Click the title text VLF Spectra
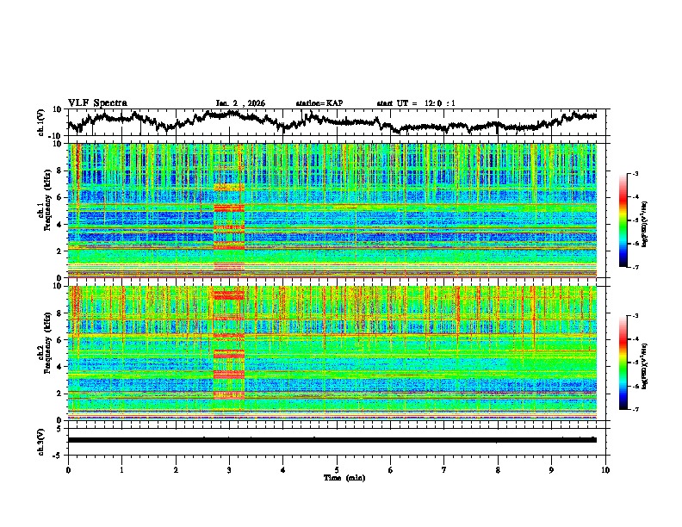coord(97,102)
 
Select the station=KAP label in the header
coord(319,103)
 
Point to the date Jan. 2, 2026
coord(240,103)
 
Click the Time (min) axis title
coord(337,477)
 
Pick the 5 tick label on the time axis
coord(337,469)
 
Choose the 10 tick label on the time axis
coord(605,469)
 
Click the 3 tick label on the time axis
coord(229,469)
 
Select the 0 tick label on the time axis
coord(68,469)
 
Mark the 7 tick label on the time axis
coord(444,469)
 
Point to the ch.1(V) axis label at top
coord(42,121)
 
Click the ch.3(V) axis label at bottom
coord(42,439)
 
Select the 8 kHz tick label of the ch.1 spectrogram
coord(60,170)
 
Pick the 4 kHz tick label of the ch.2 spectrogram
coord(60,366)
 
